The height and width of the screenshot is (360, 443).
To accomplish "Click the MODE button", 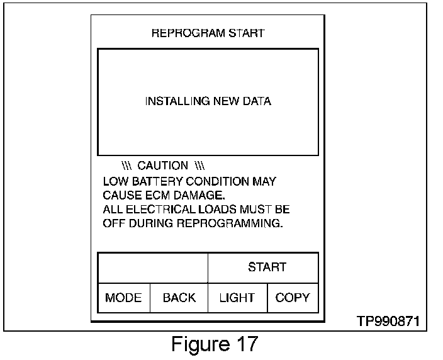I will coord(123,298).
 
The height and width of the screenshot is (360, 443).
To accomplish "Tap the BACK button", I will coord(179,298).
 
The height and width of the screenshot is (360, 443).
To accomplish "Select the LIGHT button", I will coord(237,298).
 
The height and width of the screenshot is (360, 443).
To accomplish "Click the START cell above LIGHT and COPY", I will coord(267,267).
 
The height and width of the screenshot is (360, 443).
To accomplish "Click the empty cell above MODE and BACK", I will coord(152,267).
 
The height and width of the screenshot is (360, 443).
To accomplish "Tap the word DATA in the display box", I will coord(257,101).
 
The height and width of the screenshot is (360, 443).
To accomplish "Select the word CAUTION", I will coord(162,166).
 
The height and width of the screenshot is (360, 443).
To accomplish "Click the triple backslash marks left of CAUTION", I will coord(126,166).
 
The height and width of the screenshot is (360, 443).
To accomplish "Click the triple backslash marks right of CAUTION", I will coord(200,166).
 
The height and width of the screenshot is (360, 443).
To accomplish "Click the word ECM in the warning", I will coord(158,195).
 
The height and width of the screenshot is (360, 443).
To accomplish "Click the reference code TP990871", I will coord(387,321).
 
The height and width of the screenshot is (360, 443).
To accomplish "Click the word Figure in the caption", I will coord(200,345).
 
